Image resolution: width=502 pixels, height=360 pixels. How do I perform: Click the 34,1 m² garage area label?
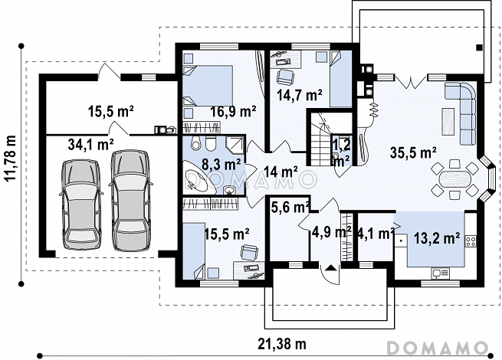point(90,144)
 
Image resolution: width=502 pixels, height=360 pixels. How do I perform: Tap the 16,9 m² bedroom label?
point(233,112)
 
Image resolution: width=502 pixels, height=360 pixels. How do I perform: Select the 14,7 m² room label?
point(300,95)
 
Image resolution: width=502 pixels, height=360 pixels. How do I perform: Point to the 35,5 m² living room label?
point(414,152)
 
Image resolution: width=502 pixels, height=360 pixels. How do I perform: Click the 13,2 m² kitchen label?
point(437,238)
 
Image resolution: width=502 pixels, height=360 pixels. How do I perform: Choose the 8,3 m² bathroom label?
point(221,165)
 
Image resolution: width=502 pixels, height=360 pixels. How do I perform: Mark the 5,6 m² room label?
point(290,208)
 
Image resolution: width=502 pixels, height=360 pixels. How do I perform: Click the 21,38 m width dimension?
point(282,344)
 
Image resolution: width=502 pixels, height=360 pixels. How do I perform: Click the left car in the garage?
point(80,205)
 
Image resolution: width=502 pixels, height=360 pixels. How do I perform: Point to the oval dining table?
point(454,179)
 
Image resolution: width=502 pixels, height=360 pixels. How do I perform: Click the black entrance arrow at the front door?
point(330,267)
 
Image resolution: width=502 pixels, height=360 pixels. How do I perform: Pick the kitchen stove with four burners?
point(471,241)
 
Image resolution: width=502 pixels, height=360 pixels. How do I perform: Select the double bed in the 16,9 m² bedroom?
point(208,86)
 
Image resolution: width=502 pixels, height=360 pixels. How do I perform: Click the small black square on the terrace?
point(479,47)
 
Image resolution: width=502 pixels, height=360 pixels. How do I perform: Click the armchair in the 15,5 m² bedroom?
point(249,252)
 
